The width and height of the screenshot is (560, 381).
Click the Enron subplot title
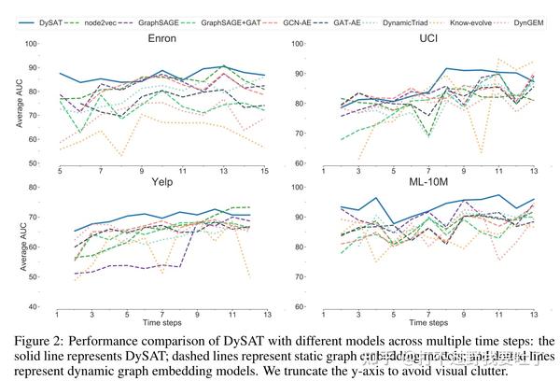pyautogui.click(x=164, y=39)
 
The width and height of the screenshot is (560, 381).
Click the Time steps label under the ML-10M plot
pyautogui.click(x=429, y=322)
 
